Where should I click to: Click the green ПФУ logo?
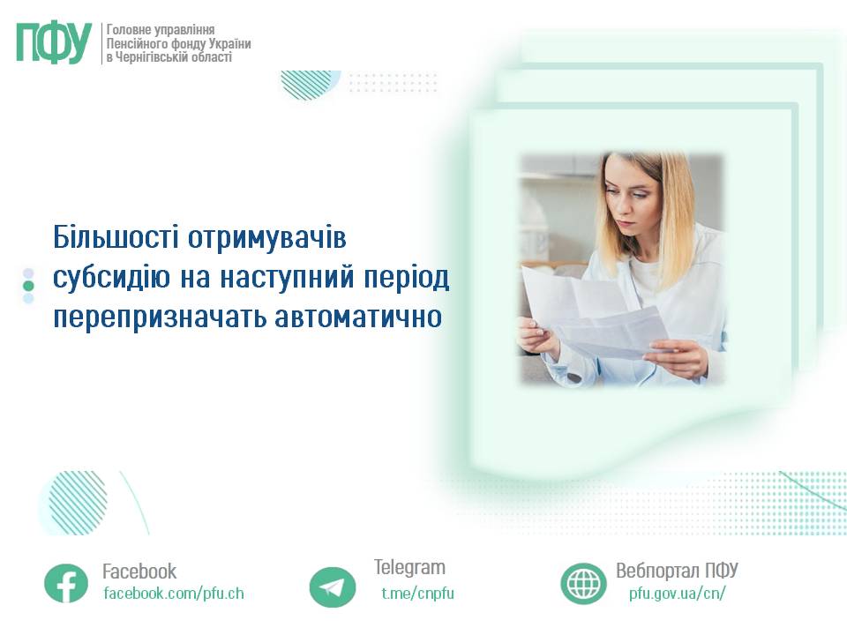coord(54,43)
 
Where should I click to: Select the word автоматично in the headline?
coord(358,317)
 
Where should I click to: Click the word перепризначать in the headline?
coord(160,317)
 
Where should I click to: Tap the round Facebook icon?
coord(66,583)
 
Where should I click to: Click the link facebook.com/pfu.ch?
coord(174,594)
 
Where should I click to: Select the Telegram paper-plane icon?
coord(333,587)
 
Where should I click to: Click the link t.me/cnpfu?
coord(417,594)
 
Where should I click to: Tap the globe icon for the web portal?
coord(583,584)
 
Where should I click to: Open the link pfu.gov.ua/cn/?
coord(678,594)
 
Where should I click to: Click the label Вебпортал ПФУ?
coord(677,571)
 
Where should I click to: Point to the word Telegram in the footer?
coord(409,567)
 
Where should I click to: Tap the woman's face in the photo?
coord(632,203)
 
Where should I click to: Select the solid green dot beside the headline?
coord(28,286)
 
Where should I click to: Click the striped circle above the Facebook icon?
coord(76,503)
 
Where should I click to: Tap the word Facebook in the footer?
coord(139,571)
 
